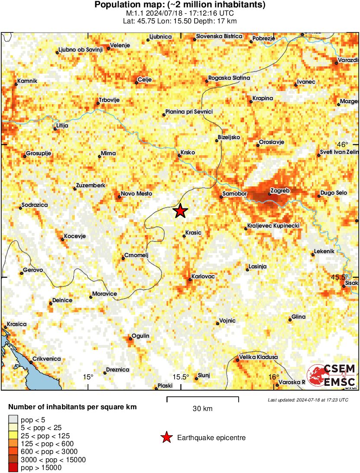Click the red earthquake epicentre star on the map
click(180, 211)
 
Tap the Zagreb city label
click(279, 191)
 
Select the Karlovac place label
click(204, 276)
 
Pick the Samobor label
click(234, 193)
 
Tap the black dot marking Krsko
click(179, 155)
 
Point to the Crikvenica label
click(48, 359)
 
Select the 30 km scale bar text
click(202, 408)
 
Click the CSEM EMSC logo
click(332, 375)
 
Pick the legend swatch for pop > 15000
click(13, 467)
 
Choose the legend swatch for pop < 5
click(13, 419)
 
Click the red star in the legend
click(166, 438)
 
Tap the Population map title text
click(180, 5)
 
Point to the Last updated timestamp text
click(308, 400)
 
